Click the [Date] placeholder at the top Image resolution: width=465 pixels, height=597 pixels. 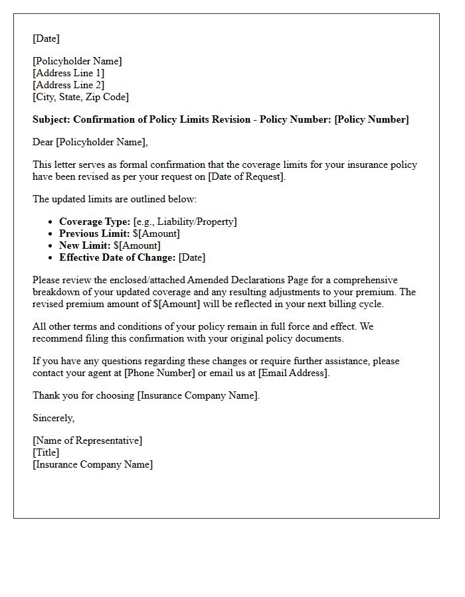click(46, 38)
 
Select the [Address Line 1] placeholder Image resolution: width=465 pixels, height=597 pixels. click(68, 73)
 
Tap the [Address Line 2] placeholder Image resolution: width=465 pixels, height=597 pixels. click(68, 85)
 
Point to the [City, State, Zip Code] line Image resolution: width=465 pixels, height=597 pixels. click(80, 97)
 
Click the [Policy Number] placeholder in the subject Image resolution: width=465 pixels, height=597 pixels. click(371, 119)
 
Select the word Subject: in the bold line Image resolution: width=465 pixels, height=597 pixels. click(51, 119)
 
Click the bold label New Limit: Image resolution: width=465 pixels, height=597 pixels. click(85, 245)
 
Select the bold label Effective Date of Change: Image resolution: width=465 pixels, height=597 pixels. click(118, 257)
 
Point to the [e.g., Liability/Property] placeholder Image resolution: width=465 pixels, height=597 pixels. click(185, 222)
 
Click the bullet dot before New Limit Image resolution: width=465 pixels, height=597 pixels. click(52, 246)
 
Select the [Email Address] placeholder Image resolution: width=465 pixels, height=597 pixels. click(293, 373)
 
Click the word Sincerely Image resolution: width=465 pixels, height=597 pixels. click(54, 418)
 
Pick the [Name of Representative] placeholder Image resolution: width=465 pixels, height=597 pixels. click(87, 440)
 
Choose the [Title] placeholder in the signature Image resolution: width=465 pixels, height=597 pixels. click(46, 452)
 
